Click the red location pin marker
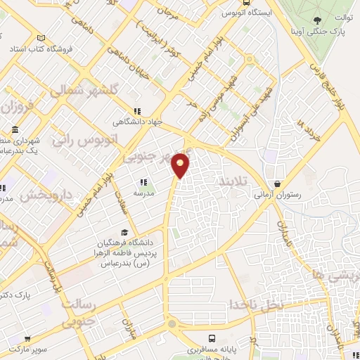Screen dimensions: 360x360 (181, 165)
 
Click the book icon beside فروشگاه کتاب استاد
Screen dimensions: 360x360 (41, 38)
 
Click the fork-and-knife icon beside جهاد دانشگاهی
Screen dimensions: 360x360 (138, 110)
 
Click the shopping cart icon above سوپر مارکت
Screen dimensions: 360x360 (27, 338)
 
